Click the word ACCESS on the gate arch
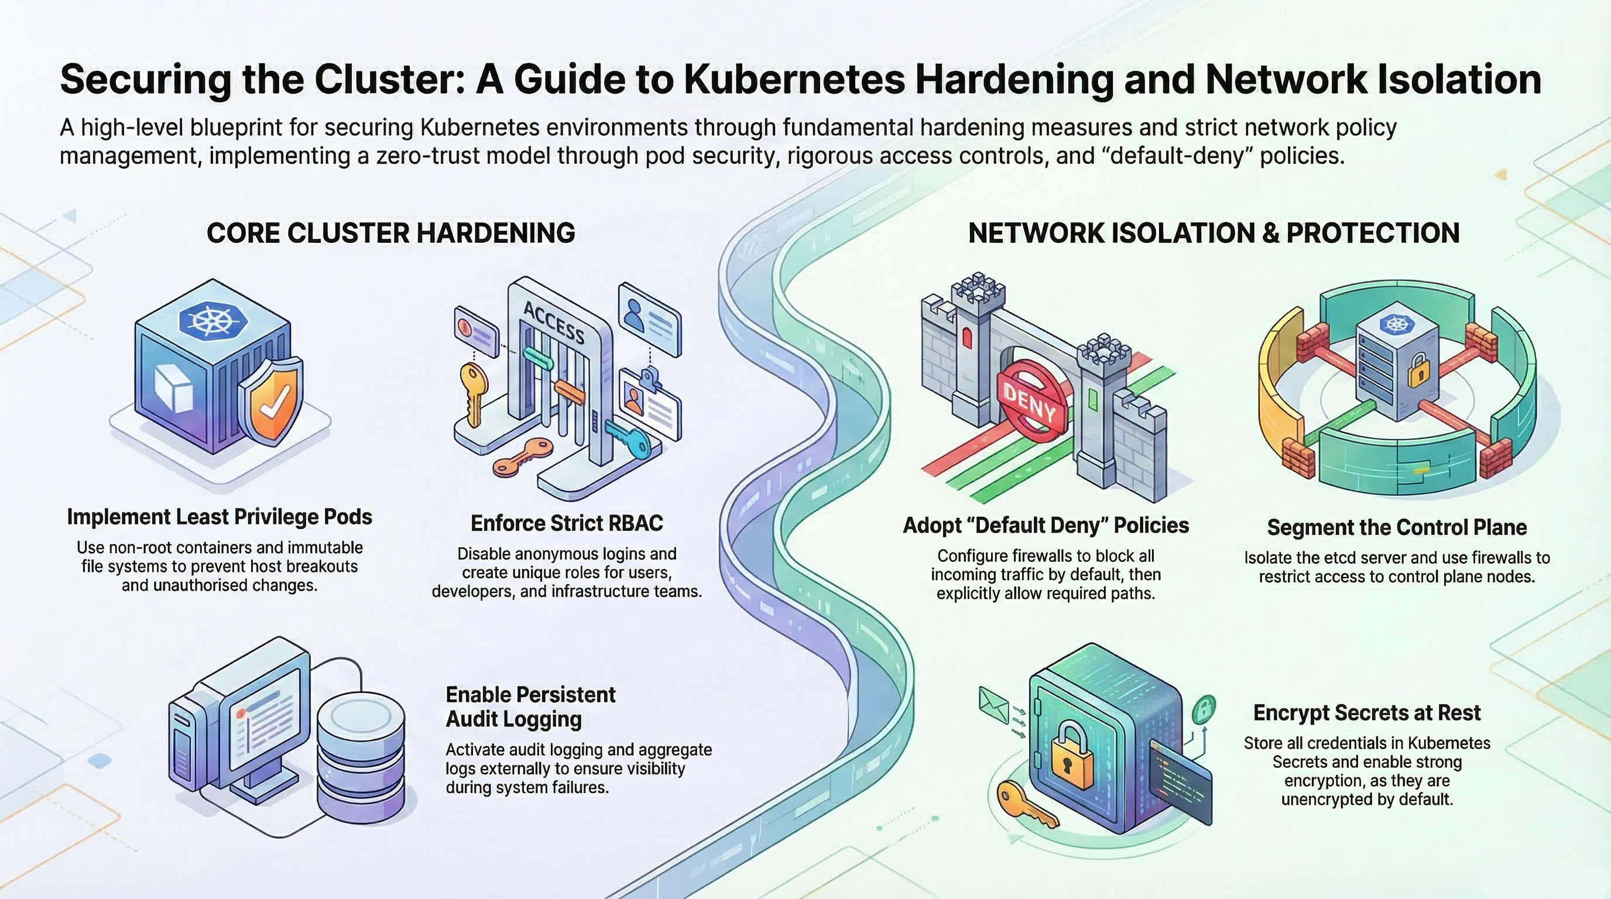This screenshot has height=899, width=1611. [x=553, y=322]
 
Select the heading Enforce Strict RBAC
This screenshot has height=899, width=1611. [x=567, y=523]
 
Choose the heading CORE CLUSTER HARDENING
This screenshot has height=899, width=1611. [x=391, y=233]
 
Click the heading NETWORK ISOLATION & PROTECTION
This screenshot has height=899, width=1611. [x=1214, y=233]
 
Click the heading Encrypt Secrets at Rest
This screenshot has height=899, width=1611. [x=1366, y=713]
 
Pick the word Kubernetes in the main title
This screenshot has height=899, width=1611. [x=794, y=80]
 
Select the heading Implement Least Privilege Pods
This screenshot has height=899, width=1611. [x=220, y=517]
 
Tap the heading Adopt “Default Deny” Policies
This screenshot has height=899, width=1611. [x=1046, y=526]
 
